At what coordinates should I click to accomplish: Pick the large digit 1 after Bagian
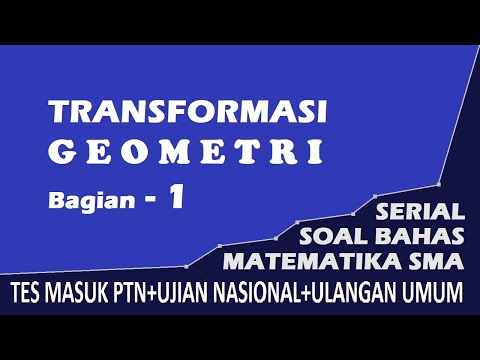click(176, 197)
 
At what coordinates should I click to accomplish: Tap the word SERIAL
click(421, 212)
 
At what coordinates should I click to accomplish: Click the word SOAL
click(331, 238)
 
